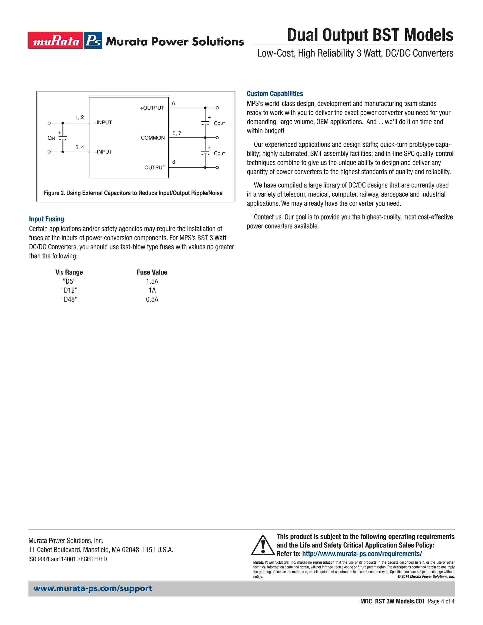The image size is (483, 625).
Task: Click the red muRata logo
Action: [56, 40]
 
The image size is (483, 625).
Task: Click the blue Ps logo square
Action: [93, 40]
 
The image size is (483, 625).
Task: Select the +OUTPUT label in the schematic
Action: [152, 108]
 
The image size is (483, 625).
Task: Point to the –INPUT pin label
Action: [103, 152]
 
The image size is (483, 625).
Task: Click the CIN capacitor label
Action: [51, 138]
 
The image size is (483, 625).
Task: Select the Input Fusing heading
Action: [46, 219]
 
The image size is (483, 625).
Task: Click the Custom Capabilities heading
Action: [275, 94]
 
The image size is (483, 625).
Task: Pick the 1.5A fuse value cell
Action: [152, 281]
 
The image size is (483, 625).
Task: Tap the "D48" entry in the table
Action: [69, 299]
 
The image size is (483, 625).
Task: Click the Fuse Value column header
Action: [152, 272]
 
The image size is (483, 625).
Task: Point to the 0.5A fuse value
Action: [152, 299]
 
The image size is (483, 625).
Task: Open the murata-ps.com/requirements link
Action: [362, 554]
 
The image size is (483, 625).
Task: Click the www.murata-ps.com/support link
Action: [93, 588]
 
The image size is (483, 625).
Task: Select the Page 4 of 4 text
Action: [441, 601]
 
